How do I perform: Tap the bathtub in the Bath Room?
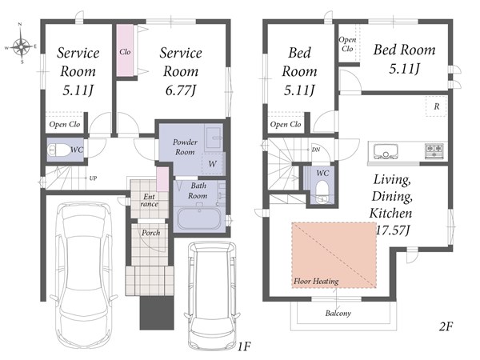199,218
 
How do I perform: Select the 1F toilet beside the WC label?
59,150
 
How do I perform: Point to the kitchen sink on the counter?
386,151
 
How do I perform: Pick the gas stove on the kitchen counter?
434,151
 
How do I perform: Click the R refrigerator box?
436,106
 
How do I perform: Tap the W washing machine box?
212,164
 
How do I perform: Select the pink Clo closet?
125,50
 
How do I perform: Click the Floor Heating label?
316,281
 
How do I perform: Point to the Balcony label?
338,313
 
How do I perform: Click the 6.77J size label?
181,90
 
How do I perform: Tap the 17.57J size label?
393,230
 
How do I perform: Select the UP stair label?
93,178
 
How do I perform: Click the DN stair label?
316,150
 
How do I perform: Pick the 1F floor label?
244,346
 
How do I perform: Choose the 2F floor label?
446,326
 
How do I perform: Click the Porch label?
150,233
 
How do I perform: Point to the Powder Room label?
185,146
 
